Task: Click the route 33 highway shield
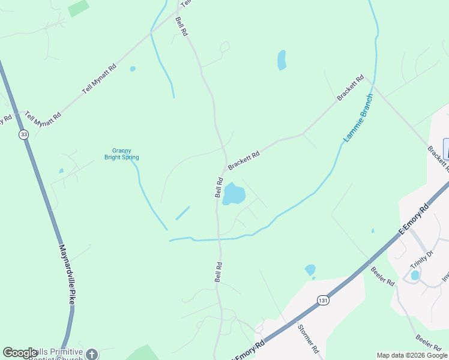23,135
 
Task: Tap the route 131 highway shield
324,299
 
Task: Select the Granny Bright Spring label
122,154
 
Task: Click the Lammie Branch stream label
358,118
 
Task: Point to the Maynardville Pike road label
67,273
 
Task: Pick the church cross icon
92,354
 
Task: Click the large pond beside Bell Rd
234,194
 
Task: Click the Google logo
20,353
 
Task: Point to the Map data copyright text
412,355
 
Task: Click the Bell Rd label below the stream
219,272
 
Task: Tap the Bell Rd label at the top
182,28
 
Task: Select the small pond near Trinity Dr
415,275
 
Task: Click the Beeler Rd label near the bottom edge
428,342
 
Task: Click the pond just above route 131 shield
310,270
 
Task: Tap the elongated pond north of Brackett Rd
282,60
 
